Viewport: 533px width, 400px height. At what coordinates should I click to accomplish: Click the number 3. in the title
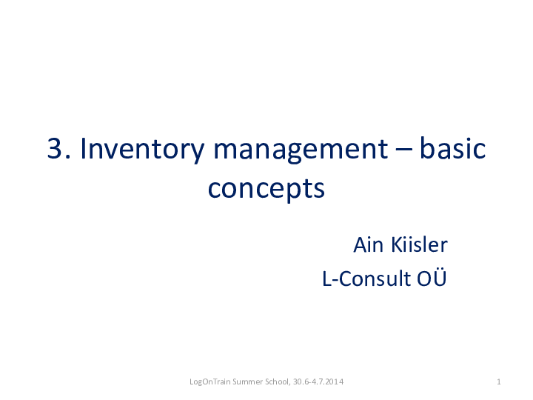tap(59, 150)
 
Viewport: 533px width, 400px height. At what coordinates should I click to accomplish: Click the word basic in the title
tap(452, 150)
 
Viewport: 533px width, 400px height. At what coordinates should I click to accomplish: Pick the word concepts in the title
tap(266, 190)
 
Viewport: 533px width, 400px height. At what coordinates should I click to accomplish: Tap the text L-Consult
tap(359, 279)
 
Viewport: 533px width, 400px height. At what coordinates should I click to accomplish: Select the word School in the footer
tap(278, 381)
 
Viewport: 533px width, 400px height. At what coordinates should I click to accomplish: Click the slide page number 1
tap(500, 381)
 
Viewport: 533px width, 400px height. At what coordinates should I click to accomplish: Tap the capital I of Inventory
tap(83, 150)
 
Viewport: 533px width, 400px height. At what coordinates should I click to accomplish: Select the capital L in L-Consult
tap(326, 279)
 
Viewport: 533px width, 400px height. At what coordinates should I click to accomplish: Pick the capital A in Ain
tap(359, 244)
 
